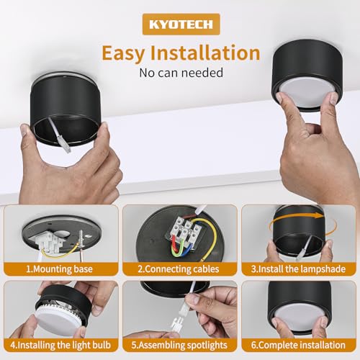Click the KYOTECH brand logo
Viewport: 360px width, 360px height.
(x=181, y=24)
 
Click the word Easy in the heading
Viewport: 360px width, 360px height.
(x=123, y=53)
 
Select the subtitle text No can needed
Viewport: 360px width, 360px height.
(x=181, y=73)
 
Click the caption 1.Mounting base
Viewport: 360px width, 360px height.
(x=59, y=269)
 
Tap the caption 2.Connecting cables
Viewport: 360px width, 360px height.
(x=179, y=269)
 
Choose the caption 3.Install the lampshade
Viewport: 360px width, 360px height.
(x=298, y=269)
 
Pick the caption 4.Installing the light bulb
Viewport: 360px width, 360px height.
(x=60, y=345)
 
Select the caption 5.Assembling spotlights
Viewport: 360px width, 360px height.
(x=179, y=345)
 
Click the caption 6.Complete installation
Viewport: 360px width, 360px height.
(x=298, y=345)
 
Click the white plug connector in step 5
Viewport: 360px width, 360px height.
(x=176, y=322)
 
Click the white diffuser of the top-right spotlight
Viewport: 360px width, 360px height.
(x=307, y=92)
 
